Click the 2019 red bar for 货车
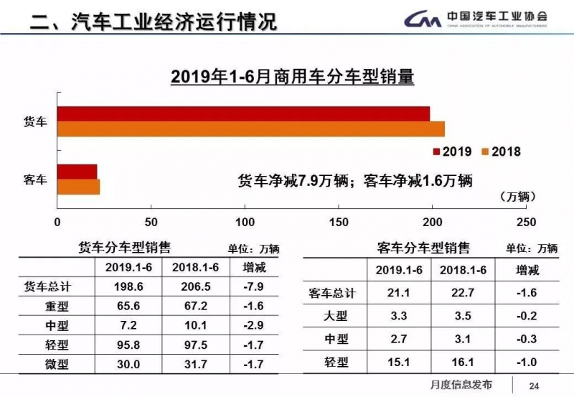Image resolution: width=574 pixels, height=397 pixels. click(244, 113)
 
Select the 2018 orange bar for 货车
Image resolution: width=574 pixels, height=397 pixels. click(251, 129)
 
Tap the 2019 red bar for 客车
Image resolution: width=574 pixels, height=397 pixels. click(77, 171)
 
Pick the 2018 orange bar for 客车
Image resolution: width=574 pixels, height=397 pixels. click(79, 186)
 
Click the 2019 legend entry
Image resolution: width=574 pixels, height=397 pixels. click(451, 151)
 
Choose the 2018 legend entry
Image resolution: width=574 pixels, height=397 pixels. click(501, 151)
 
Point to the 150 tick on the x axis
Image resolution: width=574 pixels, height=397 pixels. click(339, 221)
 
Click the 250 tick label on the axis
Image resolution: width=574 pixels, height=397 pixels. click(526, 221)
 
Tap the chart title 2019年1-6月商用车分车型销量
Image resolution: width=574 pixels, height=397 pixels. click(292, 76)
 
